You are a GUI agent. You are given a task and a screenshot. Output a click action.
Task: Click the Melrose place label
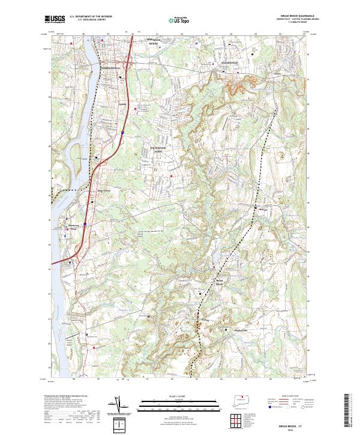(260, 209)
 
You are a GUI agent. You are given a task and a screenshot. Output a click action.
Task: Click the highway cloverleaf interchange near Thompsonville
(126, 62)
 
